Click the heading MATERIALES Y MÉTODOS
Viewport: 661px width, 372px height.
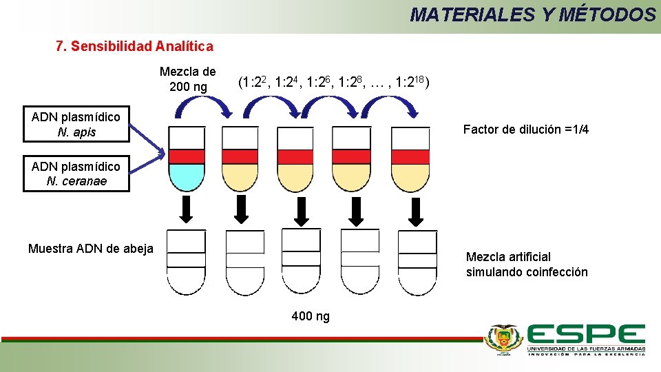533,14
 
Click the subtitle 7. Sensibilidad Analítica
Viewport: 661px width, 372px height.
134,47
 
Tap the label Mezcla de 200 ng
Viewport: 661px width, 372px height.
187,79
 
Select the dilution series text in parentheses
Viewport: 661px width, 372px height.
335,83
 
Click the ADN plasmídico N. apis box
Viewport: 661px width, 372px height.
76,125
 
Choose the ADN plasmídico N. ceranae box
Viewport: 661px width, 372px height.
76,174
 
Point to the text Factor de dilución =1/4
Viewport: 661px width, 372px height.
525,130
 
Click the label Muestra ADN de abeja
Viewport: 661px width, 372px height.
91,249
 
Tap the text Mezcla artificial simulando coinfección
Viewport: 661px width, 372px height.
527,265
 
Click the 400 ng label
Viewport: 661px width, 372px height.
311,316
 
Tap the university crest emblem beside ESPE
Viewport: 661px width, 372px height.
504,339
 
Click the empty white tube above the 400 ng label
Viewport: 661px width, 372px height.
302,262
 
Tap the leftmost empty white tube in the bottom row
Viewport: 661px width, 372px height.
186,262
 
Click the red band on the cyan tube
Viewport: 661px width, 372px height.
187,156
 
